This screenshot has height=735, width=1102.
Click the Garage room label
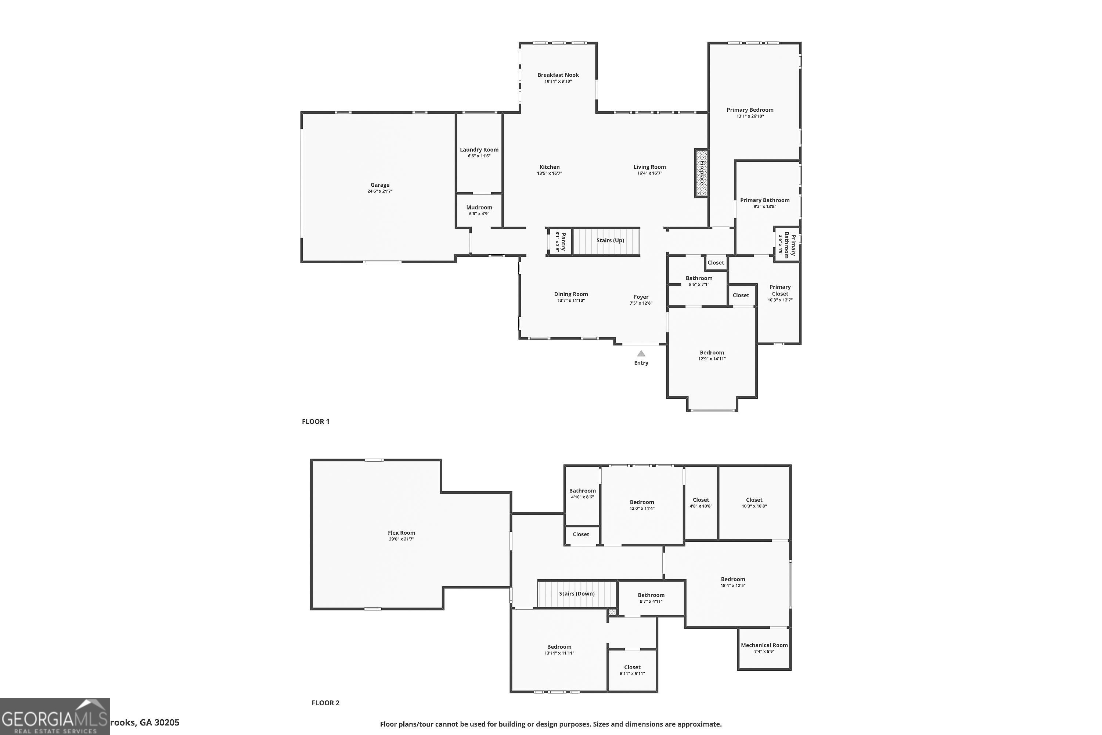[x=379, y=185]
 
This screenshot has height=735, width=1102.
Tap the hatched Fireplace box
[x=701, y=173]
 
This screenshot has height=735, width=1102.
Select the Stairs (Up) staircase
[x=606, y=241]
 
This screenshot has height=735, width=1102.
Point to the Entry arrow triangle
[x=641, y=354]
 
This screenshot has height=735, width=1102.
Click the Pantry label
[x=561, y=241]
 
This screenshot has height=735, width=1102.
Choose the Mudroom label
[x=479, y=208]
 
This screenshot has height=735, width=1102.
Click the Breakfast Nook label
[x=558, y=75]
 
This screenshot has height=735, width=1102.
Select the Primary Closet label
[x=779, y=290]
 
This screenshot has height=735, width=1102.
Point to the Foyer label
[x=641, y=297]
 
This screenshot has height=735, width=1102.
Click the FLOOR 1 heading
[x=315, y=422]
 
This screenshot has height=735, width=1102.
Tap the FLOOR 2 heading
[x=325, y=703]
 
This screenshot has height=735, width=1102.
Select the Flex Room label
[x=401, y=533]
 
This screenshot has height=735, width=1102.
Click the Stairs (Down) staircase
[x=577, y=594]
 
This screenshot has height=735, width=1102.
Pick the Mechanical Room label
[x=764, y=645]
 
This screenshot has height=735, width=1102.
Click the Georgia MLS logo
[x=55, y=717]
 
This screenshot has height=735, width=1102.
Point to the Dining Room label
[x=571, y=294]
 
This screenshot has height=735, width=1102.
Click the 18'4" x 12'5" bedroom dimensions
[x=733, y=585]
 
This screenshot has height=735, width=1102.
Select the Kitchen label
[x=549, y=167]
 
